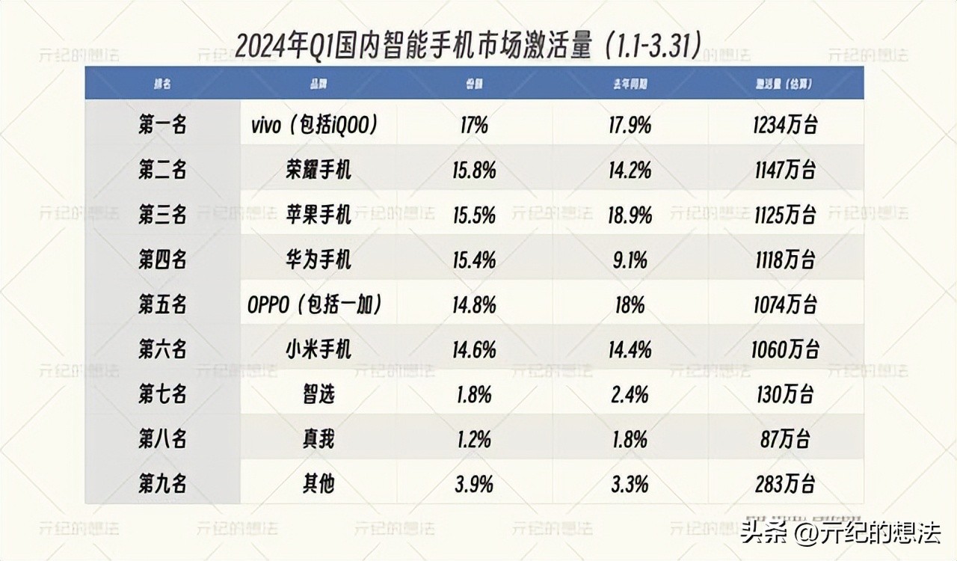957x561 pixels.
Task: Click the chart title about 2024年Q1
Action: (x=468, y=46)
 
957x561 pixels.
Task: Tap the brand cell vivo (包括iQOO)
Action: (x=313, y=125)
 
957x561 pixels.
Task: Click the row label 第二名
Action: (x=162, y=171)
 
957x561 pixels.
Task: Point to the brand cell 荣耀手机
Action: (x=318, y=171)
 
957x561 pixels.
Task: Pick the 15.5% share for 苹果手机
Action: (x=474, y=215)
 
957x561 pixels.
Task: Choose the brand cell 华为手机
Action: (x=318, y=260)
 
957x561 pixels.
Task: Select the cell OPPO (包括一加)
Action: (x=315, y=305)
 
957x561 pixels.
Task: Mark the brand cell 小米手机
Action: (x=318, y=349)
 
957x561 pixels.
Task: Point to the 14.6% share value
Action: (x=474, y=349)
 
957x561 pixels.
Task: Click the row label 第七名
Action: (x=162, y=394)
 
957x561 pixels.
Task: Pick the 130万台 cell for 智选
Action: (x=784, y=394)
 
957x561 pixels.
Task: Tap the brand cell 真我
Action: (x=318, y=439)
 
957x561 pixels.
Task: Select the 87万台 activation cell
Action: (x=784, y=439)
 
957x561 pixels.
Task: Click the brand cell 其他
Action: (x=318, y=484)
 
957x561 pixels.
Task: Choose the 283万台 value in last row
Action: (x=784, y=484)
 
